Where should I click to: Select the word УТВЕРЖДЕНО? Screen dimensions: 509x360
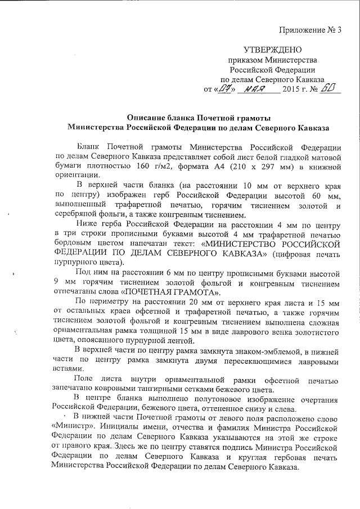pos(273,51)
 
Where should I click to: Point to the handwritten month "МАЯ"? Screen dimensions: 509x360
pos(252,89)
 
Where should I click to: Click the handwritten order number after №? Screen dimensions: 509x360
pos(331,88)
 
